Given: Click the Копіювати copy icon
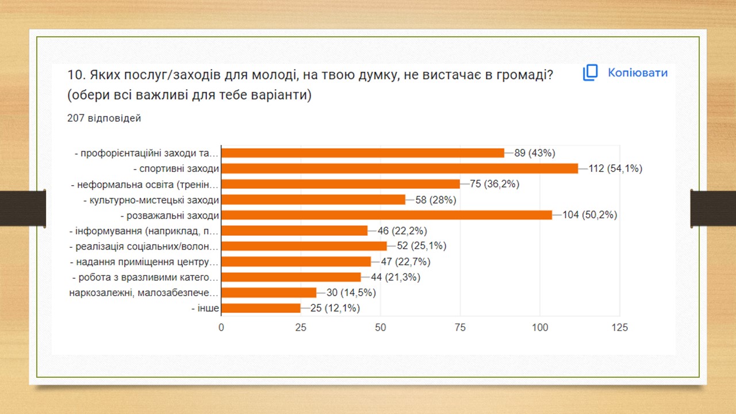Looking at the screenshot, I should [x=591, y=73].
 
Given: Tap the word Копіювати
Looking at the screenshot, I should [x=637, y=73].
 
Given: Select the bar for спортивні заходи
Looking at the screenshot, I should [x=400, y=168].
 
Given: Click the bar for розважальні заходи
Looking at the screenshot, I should [x=386, y=215].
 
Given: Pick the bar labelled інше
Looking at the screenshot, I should [x=261, y=308].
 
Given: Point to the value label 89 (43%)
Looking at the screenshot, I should [x=534, y=153].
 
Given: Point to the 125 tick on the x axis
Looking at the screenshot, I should [x=619, y=328].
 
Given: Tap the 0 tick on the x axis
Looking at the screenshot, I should [x=221, y=328].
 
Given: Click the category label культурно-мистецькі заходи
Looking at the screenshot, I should [x=151, y=200].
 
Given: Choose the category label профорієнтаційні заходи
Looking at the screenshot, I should [x=147, y=153].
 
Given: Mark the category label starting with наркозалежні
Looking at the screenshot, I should [x=144, y=293].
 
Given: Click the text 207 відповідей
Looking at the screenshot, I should [x=104, y=118].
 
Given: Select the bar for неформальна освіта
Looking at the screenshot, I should [x=340, y=184].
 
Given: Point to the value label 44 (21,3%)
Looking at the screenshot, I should [x=395, y=277].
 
